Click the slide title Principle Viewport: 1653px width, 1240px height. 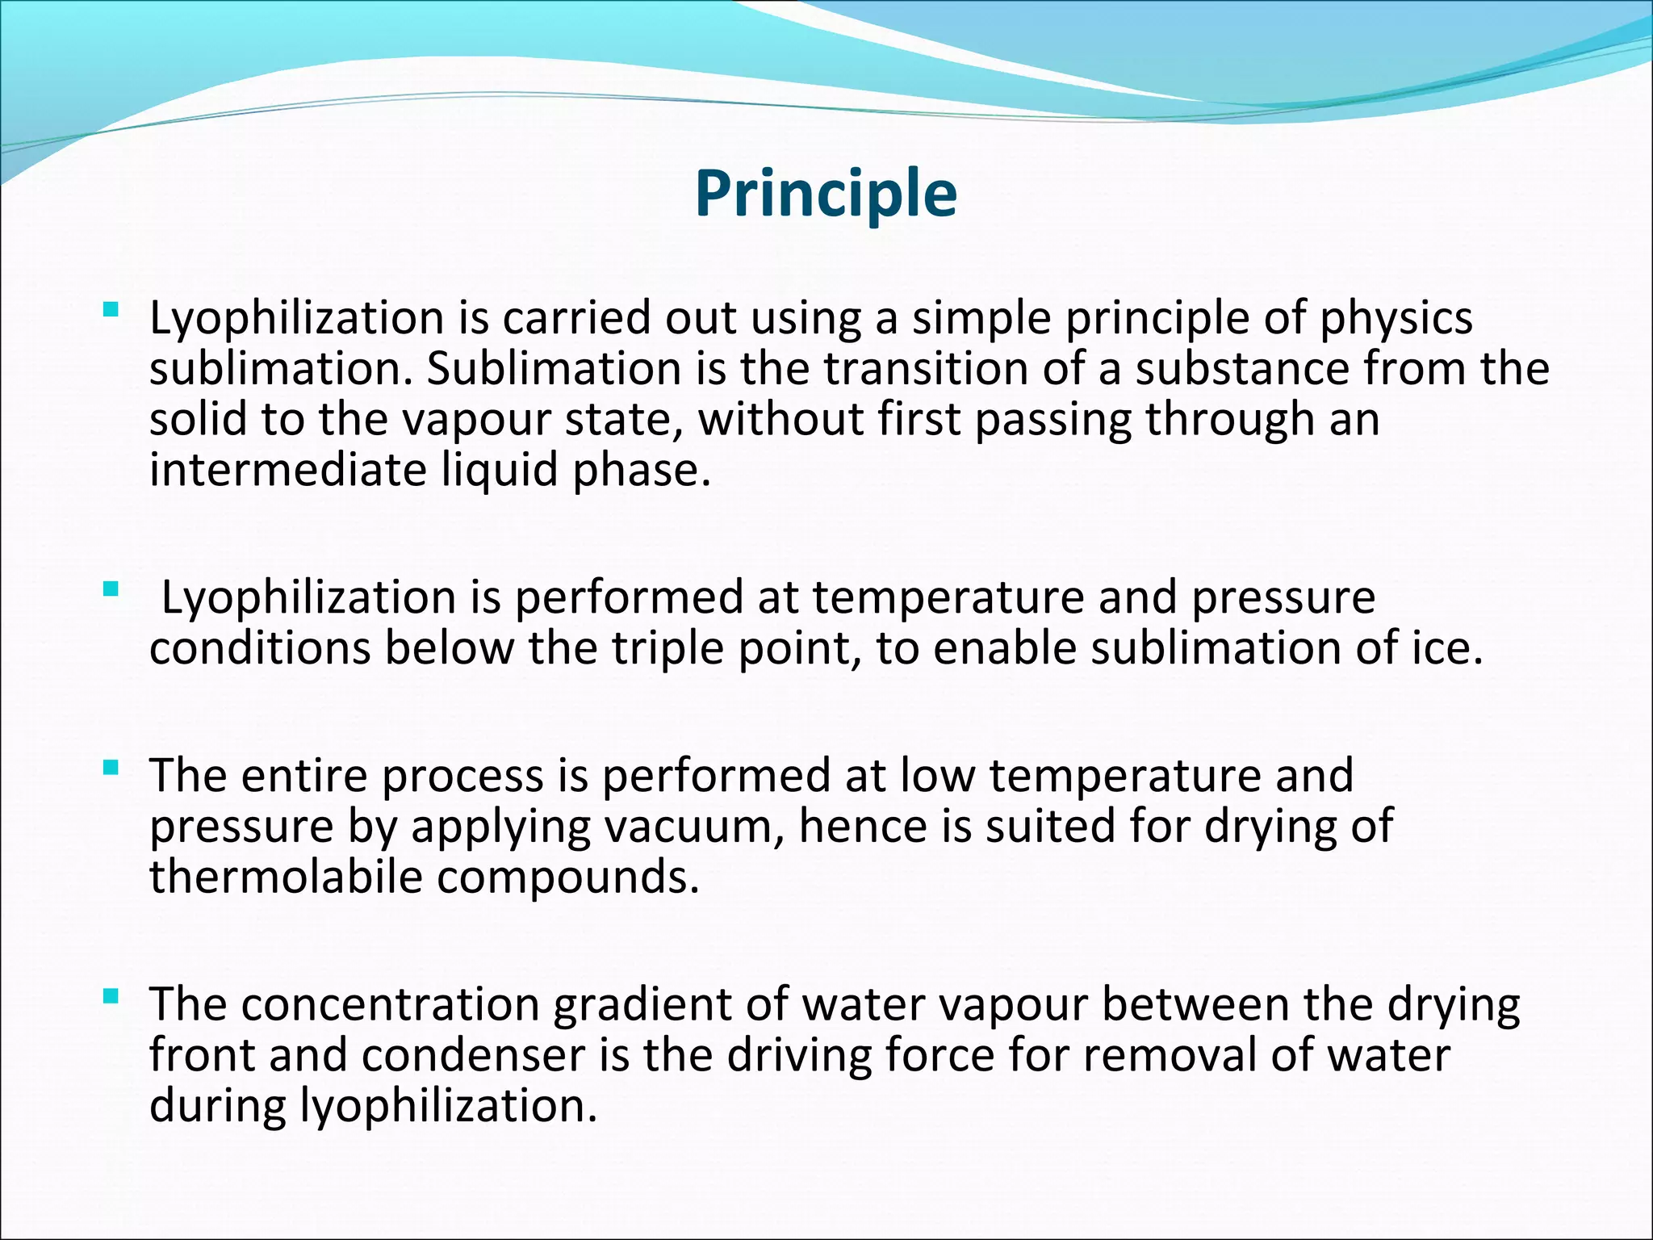point(826,194)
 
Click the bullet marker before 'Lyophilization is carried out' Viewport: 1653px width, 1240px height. point(111,308)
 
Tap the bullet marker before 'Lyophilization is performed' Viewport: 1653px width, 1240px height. point(111,589)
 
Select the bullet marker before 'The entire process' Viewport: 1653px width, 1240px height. point(111,766)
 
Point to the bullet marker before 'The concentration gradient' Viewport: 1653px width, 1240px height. point(111,997)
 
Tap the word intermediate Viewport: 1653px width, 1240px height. point(288,470)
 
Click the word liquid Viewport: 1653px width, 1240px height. point(500,470)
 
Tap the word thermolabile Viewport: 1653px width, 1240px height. point(286,877)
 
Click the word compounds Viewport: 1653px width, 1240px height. point(567,877)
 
